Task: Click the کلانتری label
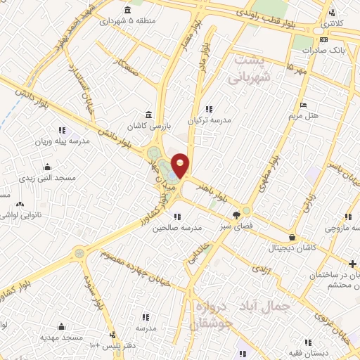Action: [333, 24]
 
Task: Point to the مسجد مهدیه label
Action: [63, 337]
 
